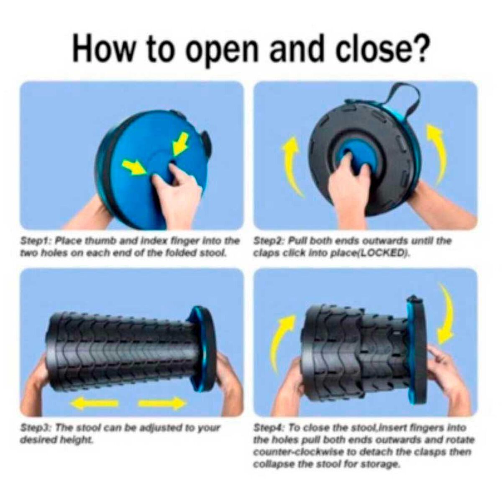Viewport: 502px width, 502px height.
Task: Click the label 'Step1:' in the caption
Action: [36, 241]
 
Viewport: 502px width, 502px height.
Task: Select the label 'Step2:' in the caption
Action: [270, 241]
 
